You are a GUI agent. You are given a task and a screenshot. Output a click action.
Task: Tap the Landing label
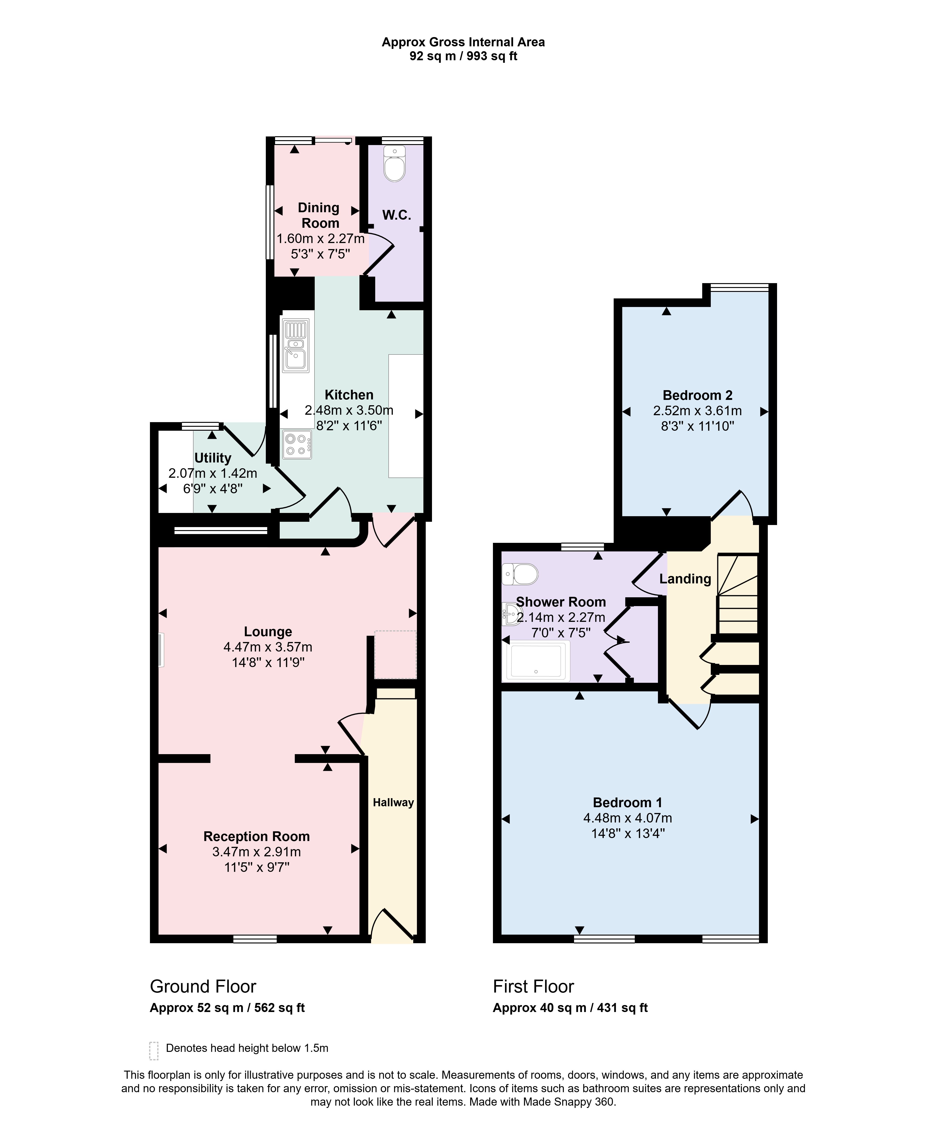[x=685, y=579]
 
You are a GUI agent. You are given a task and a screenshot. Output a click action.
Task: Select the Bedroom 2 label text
[x=697, y=395]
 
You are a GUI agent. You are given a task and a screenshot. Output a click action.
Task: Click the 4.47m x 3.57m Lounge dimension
[x=268, y=647]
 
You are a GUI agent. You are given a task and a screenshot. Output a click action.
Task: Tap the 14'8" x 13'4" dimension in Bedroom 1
[x=628, y=833]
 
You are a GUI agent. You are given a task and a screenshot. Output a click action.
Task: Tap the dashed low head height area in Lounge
[x=395, y=655]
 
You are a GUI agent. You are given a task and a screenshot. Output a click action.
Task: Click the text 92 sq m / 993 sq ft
[x=463, y=56]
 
